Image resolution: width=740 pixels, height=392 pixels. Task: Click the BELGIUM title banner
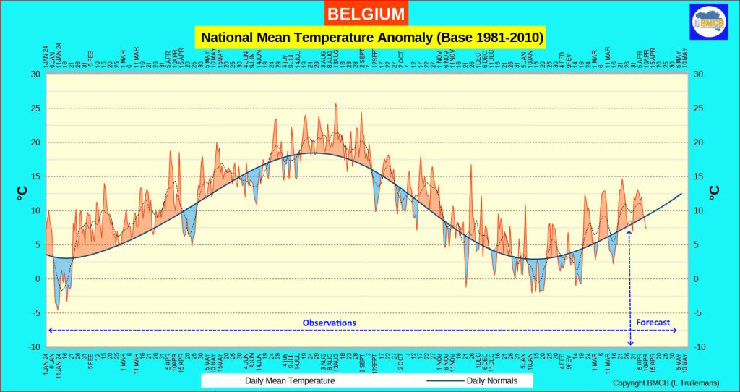(x=366, y=13)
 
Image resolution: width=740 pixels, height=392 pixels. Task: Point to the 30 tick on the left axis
(x=35, y=74)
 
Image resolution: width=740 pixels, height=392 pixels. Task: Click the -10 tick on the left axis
(x=34, y=347)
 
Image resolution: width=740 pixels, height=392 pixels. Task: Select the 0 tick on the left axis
(x=38, y=279)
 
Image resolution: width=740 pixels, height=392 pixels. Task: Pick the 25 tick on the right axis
(x=698, y=108)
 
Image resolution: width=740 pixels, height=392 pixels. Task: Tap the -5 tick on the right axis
(x=697, y=313)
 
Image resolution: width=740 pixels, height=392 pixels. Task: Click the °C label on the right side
(x=714, y=192)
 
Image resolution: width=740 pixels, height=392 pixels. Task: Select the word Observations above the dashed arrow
(x=329, y=323)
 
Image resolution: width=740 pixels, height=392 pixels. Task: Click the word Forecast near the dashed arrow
(x=653, y=323)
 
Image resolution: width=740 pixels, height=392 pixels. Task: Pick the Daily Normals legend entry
(x=491, y=380)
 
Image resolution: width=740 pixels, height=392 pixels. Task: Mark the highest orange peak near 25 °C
(x=335, y=105)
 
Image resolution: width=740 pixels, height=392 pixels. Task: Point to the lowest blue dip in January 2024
(x=58, y=309)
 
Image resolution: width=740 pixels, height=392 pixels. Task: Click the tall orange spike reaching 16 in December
(x=471, y=166)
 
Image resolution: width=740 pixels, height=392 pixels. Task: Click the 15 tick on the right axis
(x=698, y=176)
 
